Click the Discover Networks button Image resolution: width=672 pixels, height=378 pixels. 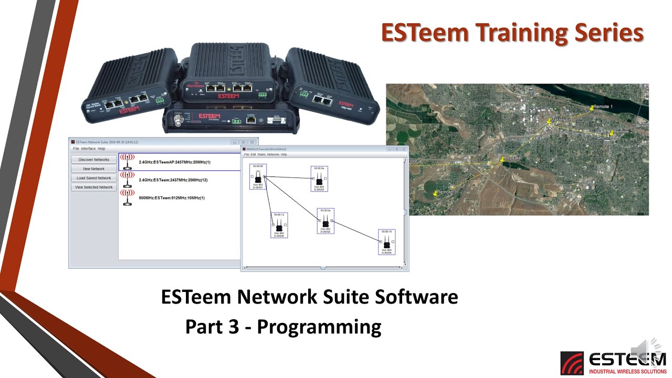point(93,160)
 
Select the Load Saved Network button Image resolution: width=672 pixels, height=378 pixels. point(93,178)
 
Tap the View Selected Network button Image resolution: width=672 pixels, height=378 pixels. point(93,187)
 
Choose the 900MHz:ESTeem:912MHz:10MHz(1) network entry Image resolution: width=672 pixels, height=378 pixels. point(171,198)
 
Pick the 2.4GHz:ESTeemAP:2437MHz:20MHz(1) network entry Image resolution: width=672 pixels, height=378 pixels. point(174,162)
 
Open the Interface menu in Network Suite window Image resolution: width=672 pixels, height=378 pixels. point(88,149)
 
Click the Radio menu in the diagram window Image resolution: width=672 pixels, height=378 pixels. point(261,154)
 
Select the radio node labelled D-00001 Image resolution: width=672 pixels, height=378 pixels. point(258,177)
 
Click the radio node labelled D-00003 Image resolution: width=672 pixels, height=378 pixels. point(319,179)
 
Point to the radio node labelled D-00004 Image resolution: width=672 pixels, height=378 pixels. point(279,225)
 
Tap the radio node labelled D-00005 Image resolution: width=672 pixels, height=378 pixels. point(386,242)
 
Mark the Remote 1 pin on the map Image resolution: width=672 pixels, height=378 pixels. point(592,108)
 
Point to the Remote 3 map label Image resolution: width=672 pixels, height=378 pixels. point(447,192)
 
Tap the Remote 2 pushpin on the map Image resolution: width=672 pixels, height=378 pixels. point(611,134)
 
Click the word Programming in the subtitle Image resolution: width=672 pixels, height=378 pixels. point(319,327)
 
